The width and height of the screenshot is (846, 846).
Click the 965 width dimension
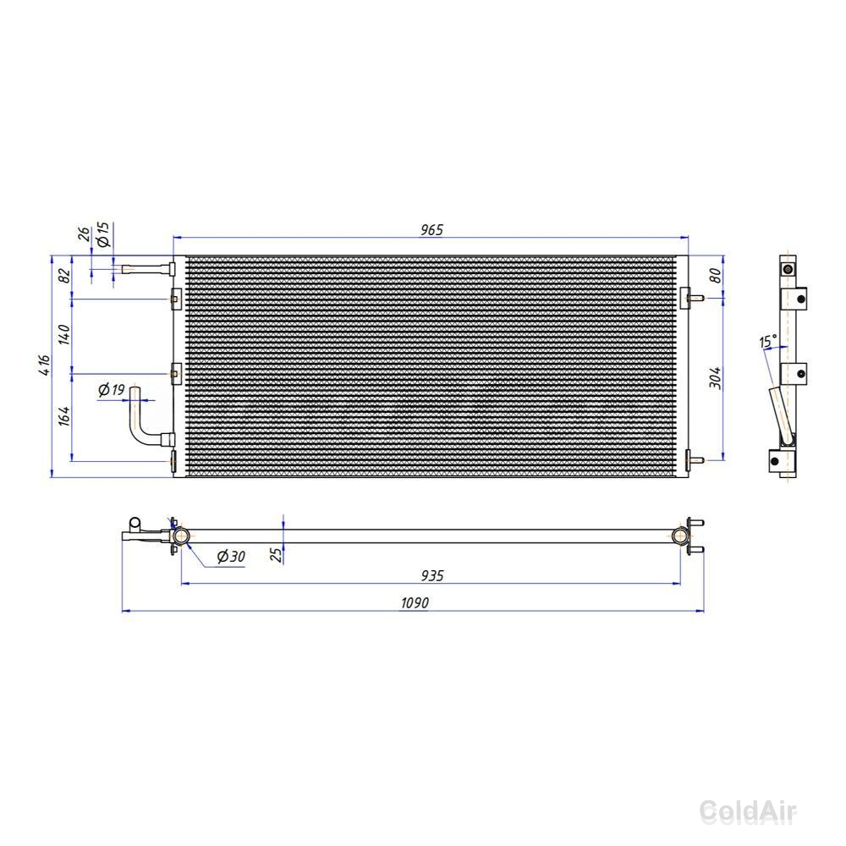[x=431, y=230]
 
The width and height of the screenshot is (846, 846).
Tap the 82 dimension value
[x=64, y=275]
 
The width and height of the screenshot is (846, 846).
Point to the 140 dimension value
[x=64, y=334]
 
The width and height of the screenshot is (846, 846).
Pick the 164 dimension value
[x=64, y=416]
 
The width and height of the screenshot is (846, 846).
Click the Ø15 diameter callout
[x=102, y=233]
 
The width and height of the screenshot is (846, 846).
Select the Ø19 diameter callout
[x=112, y=389]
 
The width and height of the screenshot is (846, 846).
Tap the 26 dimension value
[x=84, y=234]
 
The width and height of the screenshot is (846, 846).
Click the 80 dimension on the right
[x=716, y=276]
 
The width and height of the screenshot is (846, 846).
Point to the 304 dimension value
[x=716, y=377]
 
